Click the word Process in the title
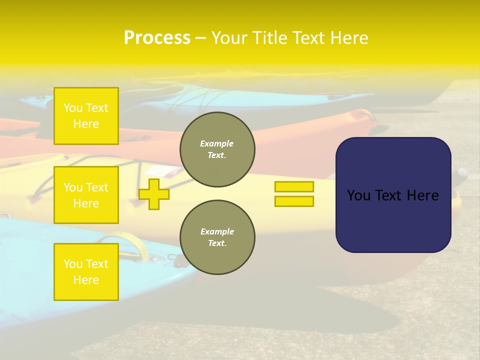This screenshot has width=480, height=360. tap(157, 37)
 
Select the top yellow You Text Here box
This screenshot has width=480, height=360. tap(86, 116)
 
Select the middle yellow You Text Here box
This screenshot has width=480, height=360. tap(86, 195)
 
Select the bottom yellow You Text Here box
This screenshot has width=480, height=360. tap(86, 271)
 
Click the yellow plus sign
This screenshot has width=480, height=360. tap(154, 194)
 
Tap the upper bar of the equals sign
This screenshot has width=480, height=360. tap(294, 186)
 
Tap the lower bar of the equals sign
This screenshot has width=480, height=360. tap(294, 201)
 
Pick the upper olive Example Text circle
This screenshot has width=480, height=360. tap(217, 149)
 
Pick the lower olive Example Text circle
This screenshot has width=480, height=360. tap(217, 237)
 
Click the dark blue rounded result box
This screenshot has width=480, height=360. tap(393, 195)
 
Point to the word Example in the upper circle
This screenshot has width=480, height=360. tap(217, 143)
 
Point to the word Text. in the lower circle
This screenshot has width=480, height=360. tap(217, 243)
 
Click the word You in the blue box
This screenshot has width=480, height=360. tap(358, 195)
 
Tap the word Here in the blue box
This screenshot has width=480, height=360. tap(422, 195)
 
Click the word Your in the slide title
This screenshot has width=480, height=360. tap(229, 38)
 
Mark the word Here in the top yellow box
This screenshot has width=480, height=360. tap(86, 124)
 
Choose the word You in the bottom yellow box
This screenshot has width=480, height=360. tap(73, 263)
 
